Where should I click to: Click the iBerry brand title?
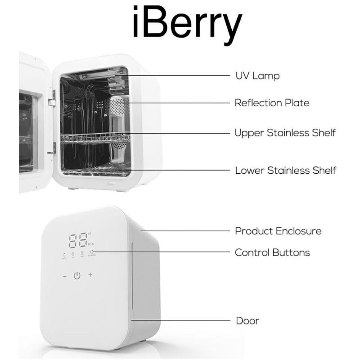pos(187,25)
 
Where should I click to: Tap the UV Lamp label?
pos(257,76)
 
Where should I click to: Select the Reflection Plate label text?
pos(272,103)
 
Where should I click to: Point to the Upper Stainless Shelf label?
pos(285,133)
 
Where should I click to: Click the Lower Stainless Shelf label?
pos(285,171)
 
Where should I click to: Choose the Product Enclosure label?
pos(278,231)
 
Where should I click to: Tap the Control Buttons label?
pos(272,252)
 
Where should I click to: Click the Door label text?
pos(247,321)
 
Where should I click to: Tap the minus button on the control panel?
pos(64,275)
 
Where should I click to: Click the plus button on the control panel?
pos(90,275)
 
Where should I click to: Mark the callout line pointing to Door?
pos(180,321)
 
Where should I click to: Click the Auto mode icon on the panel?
pos(64,254)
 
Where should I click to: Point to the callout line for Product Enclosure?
pos(184,231)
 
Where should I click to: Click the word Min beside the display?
pos(90,243)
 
